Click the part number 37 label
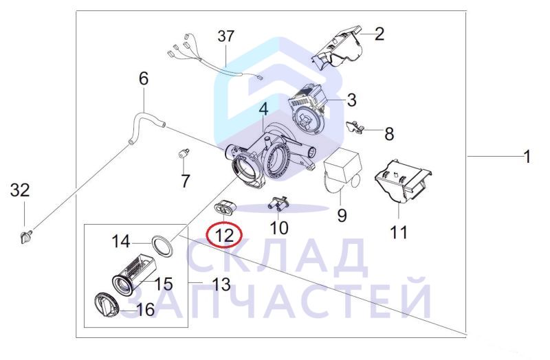pos(227,36)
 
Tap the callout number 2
pos(379,34)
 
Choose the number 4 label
pos(263,109)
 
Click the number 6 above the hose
pos(143,79)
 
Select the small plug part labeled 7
pos(184,153)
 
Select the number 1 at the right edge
pos(526,157)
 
